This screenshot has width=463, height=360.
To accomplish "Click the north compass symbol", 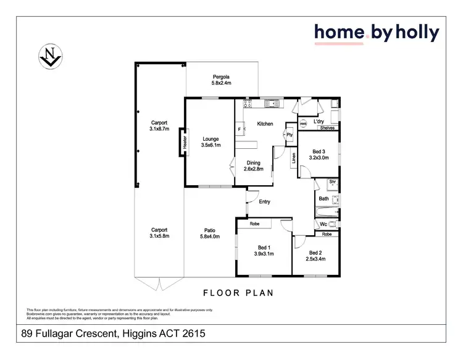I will click(x=49, y=55).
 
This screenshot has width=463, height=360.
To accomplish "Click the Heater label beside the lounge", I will click(x=184, y=143).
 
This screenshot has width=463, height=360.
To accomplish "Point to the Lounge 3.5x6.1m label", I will click(x=211, y=143).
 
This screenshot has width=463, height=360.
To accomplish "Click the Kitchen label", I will click(x=265, y=124).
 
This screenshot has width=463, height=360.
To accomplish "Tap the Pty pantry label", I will click(x=288, y=135).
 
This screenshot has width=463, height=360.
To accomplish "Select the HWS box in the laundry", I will click(x=302, y=124).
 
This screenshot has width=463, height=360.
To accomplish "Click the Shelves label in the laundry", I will click(x=327, y=128).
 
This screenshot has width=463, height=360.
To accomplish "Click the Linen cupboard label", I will click(x=294, y=159).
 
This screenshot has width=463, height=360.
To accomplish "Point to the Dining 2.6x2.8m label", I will click(x=253, y=165).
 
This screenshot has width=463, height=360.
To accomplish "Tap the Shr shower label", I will click(x=332, y=182).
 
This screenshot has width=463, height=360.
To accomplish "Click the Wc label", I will click(x=323, y=224).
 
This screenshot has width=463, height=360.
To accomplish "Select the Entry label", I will click(x=264, y=202).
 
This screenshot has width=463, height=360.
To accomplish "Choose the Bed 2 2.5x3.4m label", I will click(x=315, y=256).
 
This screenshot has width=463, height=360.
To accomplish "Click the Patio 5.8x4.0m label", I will click(x=210, y=233).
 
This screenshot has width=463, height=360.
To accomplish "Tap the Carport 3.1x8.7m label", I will click(x=159, y=127).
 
